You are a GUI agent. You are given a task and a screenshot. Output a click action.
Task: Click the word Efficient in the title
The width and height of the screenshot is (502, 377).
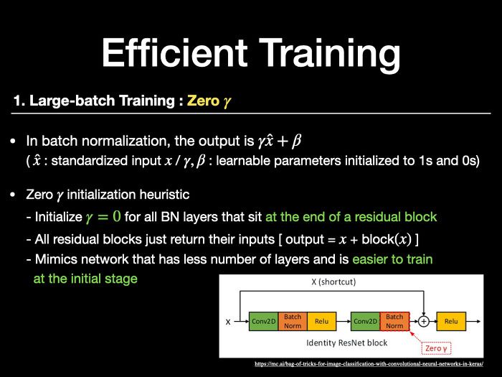pos(175,52)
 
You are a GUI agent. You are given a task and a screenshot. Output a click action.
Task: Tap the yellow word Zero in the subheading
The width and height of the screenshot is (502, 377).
pos(203,101)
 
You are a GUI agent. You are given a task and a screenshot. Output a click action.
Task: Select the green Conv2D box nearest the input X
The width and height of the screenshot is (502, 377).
pos(263,321)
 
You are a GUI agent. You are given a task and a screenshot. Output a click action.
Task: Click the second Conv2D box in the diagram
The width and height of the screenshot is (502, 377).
pos(365,321)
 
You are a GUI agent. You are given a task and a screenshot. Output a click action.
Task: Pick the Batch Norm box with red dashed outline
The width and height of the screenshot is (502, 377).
pos(394,321)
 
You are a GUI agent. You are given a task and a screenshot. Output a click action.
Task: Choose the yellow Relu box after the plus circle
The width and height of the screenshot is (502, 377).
pos(451,321)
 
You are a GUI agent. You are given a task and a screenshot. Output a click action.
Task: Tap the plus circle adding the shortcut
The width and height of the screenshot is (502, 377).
pos(424,321)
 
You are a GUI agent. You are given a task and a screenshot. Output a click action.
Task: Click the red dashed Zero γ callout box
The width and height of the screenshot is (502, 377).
pos(436,348)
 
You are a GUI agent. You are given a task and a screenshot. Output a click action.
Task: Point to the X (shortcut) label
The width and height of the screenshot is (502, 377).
pos(333,281)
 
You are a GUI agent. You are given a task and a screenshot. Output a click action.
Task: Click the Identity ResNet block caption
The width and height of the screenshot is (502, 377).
pos(346,343)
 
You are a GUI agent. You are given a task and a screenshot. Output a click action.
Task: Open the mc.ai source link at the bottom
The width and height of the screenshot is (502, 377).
pos(369,364)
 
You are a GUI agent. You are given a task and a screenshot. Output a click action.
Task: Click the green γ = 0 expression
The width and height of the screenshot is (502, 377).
pos(103,216)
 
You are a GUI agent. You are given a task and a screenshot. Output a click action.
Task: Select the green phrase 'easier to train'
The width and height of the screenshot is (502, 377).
pos(392,259)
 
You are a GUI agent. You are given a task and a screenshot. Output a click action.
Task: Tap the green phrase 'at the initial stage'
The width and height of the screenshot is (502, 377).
pos(85,279)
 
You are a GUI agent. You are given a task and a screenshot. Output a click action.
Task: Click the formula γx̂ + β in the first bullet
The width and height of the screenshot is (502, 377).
pos(280,141)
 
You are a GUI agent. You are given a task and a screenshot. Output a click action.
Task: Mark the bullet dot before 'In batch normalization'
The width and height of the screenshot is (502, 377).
pos(13,141)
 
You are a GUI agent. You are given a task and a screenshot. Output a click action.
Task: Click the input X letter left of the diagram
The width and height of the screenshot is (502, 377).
pos(228,322)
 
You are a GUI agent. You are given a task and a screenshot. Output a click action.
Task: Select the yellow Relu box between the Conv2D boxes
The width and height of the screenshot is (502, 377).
pos(321,321)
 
